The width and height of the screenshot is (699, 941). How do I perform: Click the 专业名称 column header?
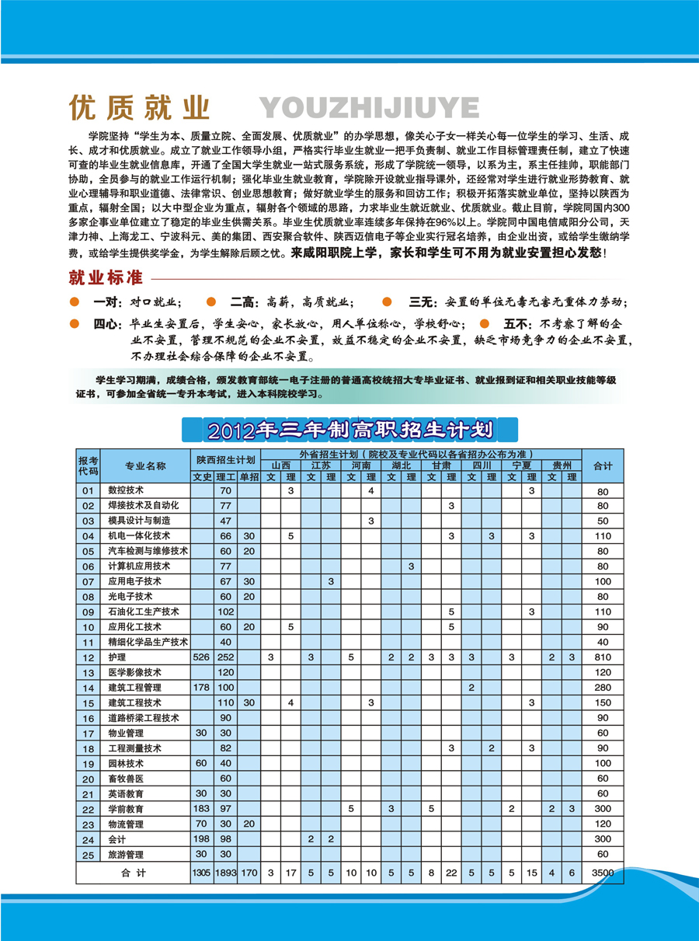tap(145, 465)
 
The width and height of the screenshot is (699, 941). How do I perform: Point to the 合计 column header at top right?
tap(603, 465)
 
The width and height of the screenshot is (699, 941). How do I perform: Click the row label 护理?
tap(117, 657)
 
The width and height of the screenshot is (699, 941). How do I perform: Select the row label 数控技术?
tap(126, 490)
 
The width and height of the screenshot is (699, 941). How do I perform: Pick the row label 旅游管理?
tap(126, 854)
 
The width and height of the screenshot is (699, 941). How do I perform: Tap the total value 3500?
tap(603, 873)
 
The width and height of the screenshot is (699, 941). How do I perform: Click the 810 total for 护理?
tap(603, 657)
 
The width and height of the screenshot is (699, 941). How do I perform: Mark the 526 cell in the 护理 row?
tap(202, 657)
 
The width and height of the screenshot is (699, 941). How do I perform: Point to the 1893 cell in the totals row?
tap(226, 873)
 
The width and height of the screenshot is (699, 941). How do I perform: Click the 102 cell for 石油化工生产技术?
tap(226, 612)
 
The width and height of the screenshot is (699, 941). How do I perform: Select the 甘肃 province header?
tap(441, 465)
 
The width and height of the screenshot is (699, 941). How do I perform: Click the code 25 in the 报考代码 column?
tap(88, 854)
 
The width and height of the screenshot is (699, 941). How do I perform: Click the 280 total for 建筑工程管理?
tap(603, 688)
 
